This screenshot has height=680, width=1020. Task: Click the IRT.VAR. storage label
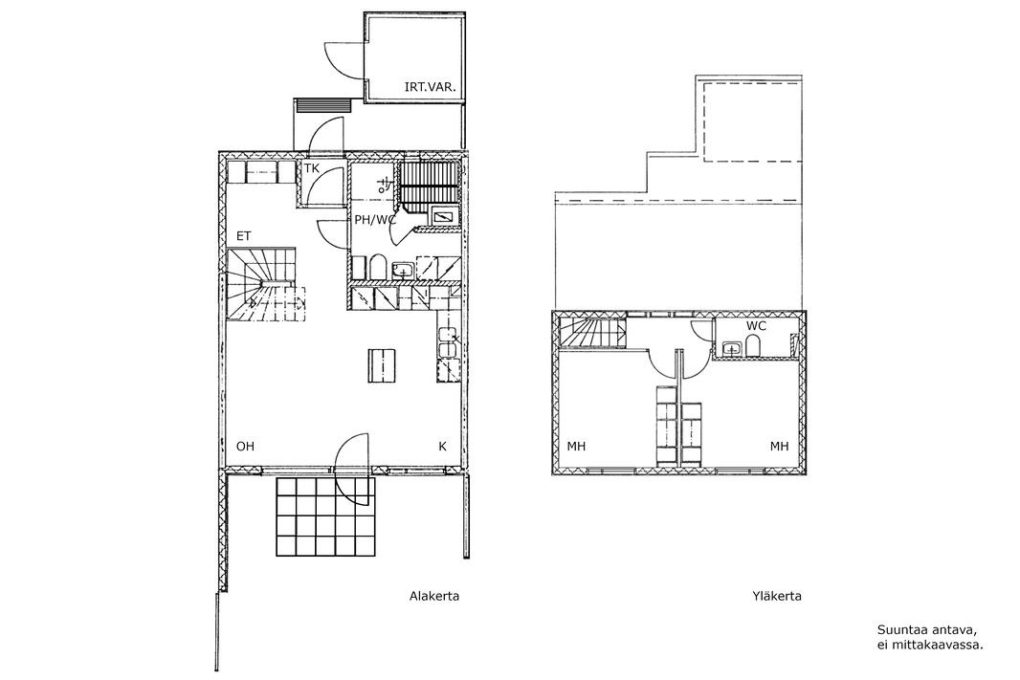click(430, 86)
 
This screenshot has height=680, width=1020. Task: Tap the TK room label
click(312, 168)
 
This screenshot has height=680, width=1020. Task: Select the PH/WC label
click(375, 220)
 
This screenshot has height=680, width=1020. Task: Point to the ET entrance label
click(243, 236)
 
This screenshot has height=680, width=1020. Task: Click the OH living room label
click(245, 446)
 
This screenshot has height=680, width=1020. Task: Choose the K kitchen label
click(442, 446)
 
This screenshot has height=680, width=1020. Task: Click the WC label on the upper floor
click(756, 326)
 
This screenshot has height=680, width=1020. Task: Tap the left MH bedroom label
click(576, 446)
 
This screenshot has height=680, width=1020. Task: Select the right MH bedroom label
click(779, 446)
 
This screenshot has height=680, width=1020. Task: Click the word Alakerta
click(433, 596)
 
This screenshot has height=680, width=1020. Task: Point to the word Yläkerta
click(777, 596)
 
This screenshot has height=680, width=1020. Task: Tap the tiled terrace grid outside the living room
click(326, 516)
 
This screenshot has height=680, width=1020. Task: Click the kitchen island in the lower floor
click(381, 365)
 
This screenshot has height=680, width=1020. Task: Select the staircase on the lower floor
click(263, 284)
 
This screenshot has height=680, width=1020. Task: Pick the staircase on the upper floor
click(592, 334)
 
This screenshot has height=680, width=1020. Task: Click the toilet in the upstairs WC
click(755, 346)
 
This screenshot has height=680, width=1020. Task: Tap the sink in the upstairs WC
click(733, 349)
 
